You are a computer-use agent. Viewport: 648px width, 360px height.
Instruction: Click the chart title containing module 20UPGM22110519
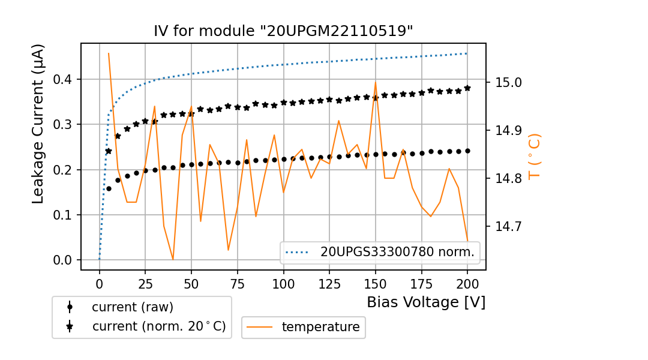pyautogui.click(x=283, y=32)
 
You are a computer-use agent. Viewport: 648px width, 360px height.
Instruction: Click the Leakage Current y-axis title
pyautogui.click(x=38, y=124)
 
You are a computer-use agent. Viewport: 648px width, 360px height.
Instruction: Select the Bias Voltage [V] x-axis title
pyautogui.click(x=426, y=302)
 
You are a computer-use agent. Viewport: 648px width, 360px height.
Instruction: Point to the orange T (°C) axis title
pyautogui.click(x=535, y=156)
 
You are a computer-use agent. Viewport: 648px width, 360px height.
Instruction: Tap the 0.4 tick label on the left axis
pyautogui.click(x=63, y=79)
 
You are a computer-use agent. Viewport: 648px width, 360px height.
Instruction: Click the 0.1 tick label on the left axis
pyautogui.click(x=63, y=215)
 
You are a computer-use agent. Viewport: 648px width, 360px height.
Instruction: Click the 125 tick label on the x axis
pyautogui.click(x=329, y=282)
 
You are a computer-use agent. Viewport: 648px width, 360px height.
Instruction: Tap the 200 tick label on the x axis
pyautogui.click(x=467, y=282)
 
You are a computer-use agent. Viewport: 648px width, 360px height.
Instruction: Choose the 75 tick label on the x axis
pyautogui.click(x=237, y=282)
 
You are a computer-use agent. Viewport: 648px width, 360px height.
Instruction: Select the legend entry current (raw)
pyautogui.click(x=132, y=307)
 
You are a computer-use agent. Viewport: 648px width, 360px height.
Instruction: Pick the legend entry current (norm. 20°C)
pyautogui.click(x=158, y=326)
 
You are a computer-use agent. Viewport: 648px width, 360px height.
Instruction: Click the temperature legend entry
pyautogui.click(x=320, y=327)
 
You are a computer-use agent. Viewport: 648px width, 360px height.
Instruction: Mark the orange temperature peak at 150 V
pyautogui.click(x=376, y=83)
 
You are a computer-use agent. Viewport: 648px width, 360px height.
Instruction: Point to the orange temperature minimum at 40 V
pyautogui.click(x=173, y=259)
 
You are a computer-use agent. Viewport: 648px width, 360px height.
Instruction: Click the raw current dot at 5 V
pyautogui.click(x=109, y=189)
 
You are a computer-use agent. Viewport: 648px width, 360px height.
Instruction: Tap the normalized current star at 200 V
pyautogui.click(x=467, y=88)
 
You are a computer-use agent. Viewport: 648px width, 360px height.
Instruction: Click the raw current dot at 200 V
pyautogui.click(x=467, y=151)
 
